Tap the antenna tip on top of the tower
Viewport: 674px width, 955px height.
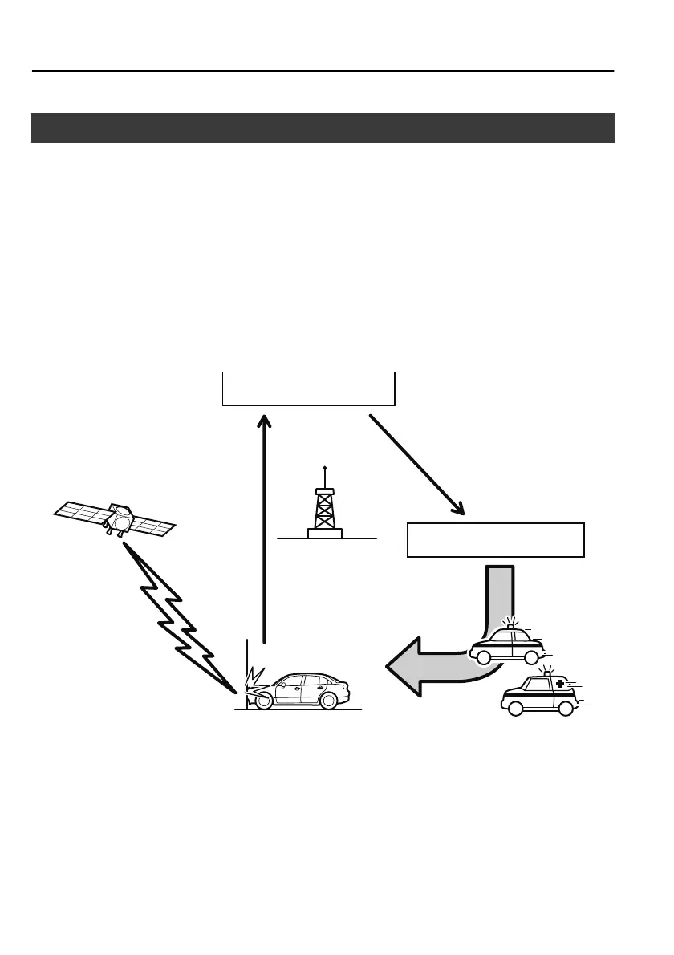324,467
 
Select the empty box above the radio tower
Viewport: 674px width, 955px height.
308,388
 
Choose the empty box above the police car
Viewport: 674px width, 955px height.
496,539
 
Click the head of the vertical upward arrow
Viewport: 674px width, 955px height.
264,421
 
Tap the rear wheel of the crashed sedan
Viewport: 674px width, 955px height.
327,701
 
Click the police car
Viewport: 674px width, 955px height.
507,646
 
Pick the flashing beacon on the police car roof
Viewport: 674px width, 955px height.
510,624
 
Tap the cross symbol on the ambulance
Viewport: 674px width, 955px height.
560,683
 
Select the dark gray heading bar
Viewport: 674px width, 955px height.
323,128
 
